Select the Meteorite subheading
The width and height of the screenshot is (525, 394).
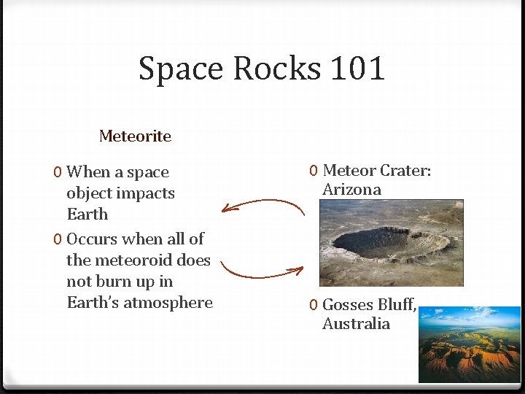(135, 136)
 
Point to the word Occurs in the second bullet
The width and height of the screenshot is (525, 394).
(93, 239)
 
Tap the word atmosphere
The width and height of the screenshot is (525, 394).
(168, 303)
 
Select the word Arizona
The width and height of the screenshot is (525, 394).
(351, 190)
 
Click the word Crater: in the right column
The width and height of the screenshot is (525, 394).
(405, 171)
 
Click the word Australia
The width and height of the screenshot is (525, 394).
(356, 324)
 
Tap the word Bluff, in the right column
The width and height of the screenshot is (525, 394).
(397, 305)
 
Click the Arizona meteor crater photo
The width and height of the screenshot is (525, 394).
(390, 243)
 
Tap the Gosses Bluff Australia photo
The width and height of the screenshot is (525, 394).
(469, 344)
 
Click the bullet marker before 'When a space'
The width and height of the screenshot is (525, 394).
(57, 173)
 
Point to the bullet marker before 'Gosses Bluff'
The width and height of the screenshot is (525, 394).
(312, 305)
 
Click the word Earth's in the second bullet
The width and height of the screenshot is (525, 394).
(93, 303)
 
